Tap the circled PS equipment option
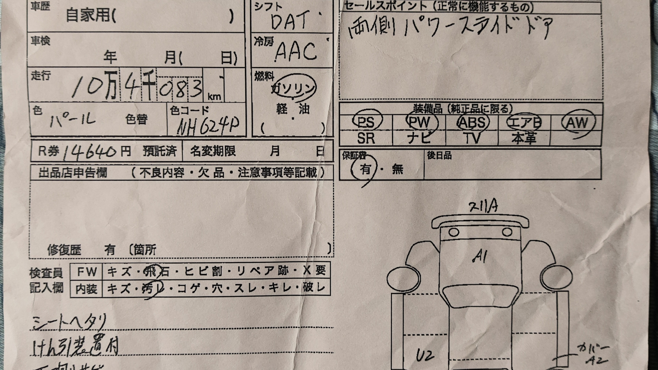point(366,122)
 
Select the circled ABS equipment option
point(472,122)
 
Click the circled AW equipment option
point(578,122)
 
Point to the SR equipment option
point(366,138)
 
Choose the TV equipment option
point(472,138)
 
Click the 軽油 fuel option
point(293,109)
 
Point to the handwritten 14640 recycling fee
point(91,151)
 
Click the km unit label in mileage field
point(214,97)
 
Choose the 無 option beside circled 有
point(398,169)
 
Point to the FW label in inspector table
point(87,272)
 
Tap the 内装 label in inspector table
point(86,289)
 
